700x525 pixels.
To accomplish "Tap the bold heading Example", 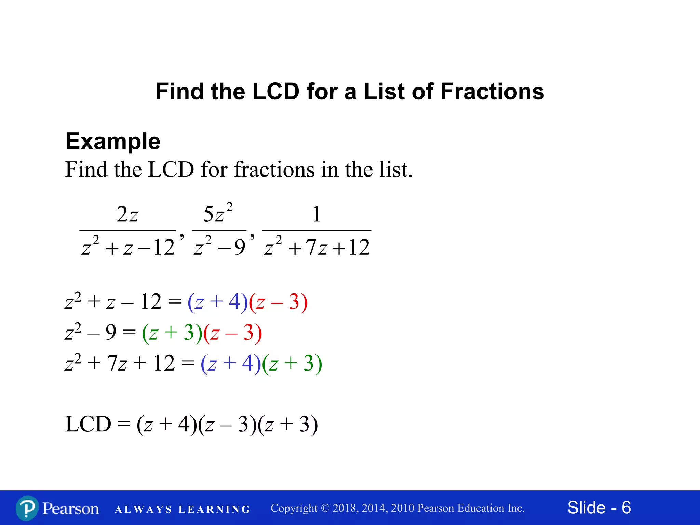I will [113, 141].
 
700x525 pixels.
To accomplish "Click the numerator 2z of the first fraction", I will [127, 215].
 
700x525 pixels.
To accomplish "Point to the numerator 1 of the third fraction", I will [317, 214].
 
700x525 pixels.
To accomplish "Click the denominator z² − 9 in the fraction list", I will [219, 246].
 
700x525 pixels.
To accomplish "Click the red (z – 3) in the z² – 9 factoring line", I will [233, 333].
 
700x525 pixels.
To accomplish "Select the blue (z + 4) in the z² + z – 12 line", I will [218, 302].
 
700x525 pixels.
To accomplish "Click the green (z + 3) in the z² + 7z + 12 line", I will [292, 363].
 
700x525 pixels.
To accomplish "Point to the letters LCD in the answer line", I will [88, 424].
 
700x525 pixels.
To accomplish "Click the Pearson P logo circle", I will [27, 508].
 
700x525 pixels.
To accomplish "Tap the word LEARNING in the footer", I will [214, 510].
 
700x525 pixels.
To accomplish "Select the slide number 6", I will [626, 508].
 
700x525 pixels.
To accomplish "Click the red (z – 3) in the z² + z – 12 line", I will [278, 302].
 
